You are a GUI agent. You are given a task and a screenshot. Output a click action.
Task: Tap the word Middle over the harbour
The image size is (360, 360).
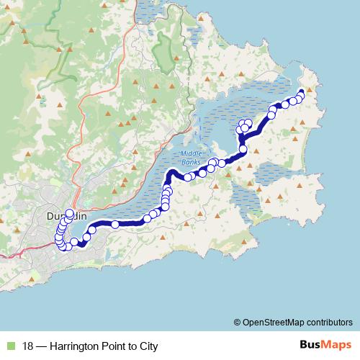(192, 154)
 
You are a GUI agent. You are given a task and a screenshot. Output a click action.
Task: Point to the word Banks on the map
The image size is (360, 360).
(192, 161)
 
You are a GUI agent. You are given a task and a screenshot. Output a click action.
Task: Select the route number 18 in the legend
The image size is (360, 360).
(29, 346)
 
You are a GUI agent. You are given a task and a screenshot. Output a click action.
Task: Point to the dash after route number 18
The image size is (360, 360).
(44, 346)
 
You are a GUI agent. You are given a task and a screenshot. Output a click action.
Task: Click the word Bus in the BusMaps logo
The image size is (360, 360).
(311, 346)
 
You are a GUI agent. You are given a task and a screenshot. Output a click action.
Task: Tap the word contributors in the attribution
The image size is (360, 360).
(330, 322)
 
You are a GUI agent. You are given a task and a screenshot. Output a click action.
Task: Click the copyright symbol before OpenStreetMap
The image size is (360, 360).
(237, 322)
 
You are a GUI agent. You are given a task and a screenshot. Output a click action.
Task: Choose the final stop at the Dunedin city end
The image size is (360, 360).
(70, 213)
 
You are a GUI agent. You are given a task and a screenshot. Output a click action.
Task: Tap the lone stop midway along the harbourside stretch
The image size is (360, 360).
(115, 225)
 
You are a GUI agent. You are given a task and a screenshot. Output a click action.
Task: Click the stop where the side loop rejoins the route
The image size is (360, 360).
(243, 149)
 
